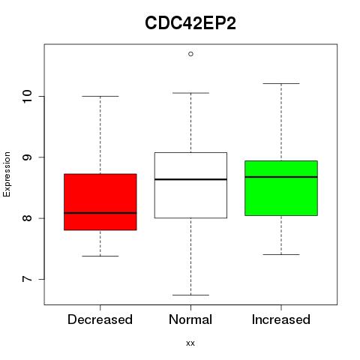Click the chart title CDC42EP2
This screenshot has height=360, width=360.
coord(190,23)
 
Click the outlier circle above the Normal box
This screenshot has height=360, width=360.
coord(190,54)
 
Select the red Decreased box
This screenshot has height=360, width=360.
coord(100,202)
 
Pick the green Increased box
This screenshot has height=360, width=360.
coord(281,188)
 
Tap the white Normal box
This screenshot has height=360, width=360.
coord(190,185)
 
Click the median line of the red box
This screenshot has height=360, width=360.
coord(100,213)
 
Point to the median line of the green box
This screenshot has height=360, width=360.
coord(281,177)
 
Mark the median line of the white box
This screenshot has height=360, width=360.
coord(190,179)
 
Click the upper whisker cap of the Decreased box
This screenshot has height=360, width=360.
coord(100,96)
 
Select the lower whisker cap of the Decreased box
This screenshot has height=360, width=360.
coord(100,256)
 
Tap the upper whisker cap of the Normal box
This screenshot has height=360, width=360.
coord(190,93)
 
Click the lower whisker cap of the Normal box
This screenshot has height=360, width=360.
coord(190,295)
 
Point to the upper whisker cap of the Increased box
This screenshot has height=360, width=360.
coord(281,83)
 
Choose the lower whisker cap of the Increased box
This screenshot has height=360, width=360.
coord(281,254)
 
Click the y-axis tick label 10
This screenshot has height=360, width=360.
coord(28,96)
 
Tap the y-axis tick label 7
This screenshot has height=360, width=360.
coord(28,279)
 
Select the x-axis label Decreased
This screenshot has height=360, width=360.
coord(100,319)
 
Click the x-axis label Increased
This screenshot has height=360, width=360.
coord(281,319)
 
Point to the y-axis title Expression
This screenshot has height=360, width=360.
coord(7,174)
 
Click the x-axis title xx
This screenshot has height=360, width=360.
coord(190,343)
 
